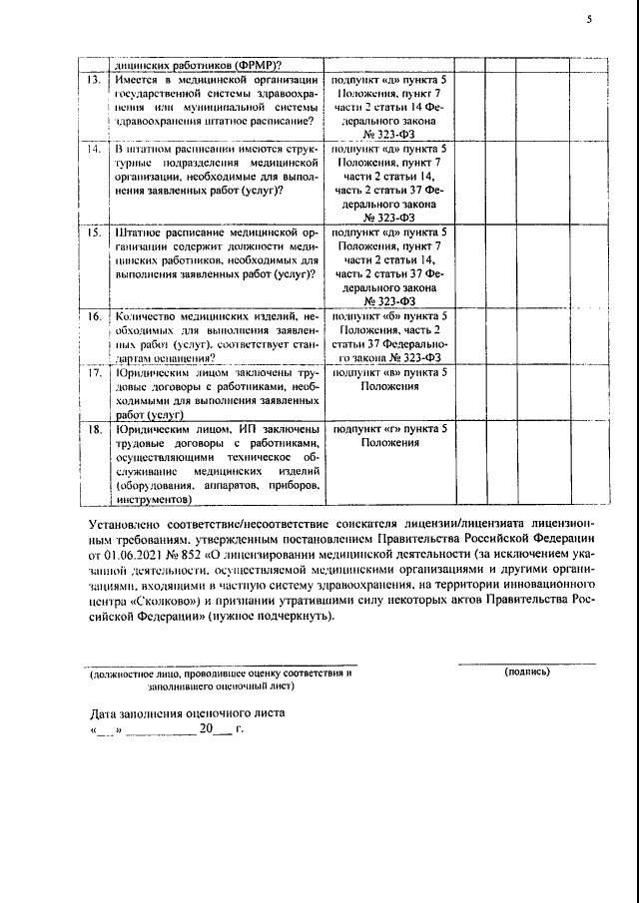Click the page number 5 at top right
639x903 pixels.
click(x=589, y=17)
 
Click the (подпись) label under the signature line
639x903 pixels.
click(x=527, y=673)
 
